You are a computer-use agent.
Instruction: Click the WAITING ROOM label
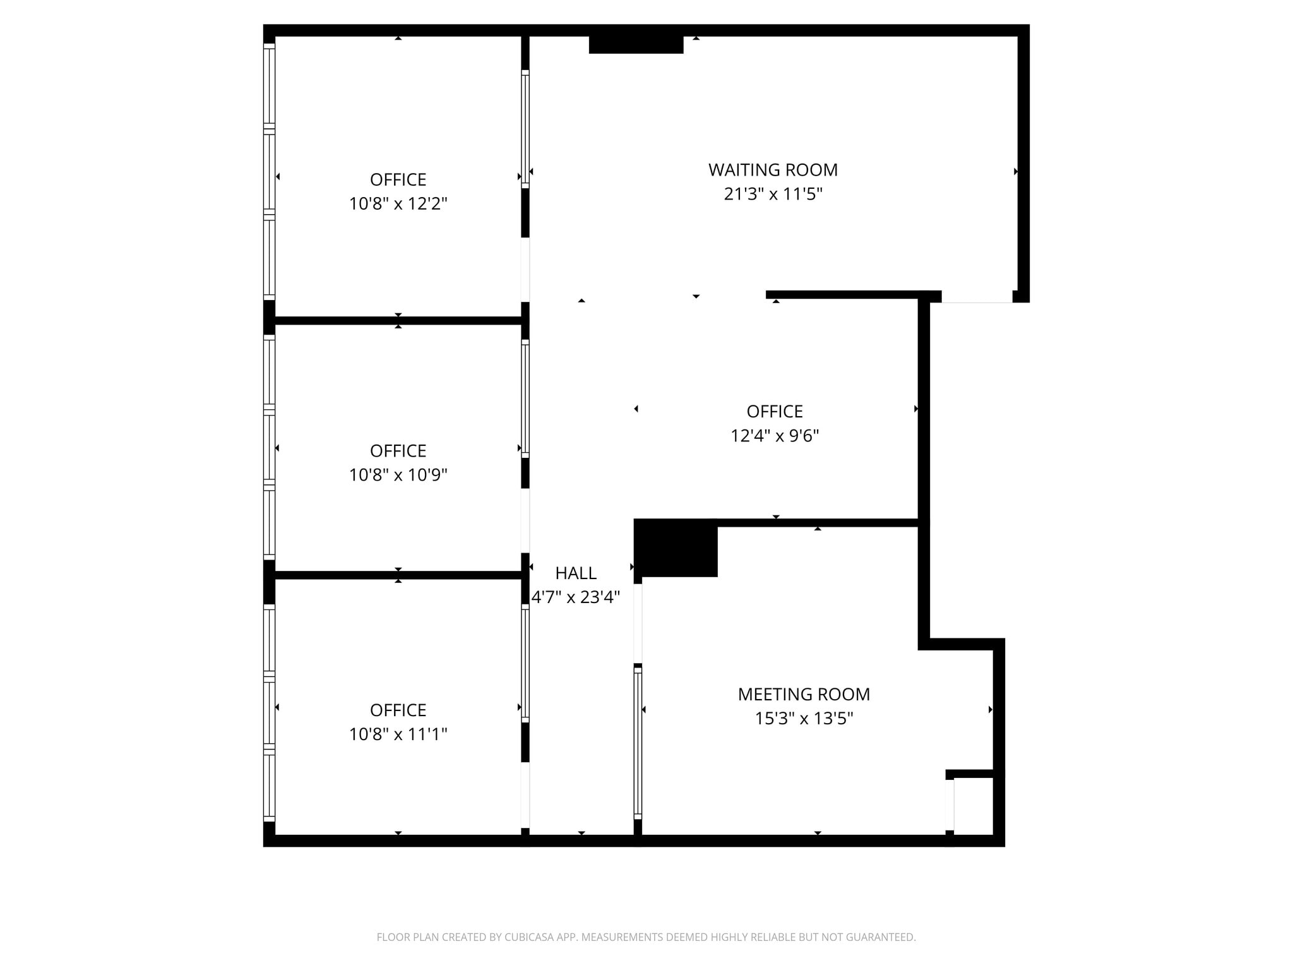[x=773, y=170]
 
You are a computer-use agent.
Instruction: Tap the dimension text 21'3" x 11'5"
[x=773, y=194]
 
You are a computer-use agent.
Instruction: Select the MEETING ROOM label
[x=804, y=694]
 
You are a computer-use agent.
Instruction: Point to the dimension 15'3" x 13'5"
[x=804, y=719]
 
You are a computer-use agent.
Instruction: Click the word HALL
[x=575, y=573]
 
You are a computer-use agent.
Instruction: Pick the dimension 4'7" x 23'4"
[x=576, y=597]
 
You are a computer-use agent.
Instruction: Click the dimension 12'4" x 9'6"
[x=775, y=436]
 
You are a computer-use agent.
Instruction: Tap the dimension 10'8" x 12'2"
[x=398, y=203]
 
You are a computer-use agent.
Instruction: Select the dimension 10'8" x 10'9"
[x=398, y=475]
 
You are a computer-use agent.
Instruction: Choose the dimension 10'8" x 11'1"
[x=398, y=734]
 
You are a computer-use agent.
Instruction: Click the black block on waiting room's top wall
[x=636, y=44]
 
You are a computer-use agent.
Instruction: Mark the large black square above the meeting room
[x=676, y=548]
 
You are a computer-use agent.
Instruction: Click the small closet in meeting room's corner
[x=973, y=806]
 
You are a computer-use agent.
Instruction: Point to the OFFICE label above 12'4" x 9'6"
[x=775, y=412]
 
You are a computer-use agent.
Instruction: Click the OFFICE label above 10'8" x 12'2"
[x=398, y=179]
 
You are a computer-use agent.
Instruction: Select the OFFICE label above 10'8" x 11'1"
[x=398, y=710]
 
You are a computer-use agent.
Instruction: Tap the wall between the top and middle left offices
[x=398, y=321]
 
